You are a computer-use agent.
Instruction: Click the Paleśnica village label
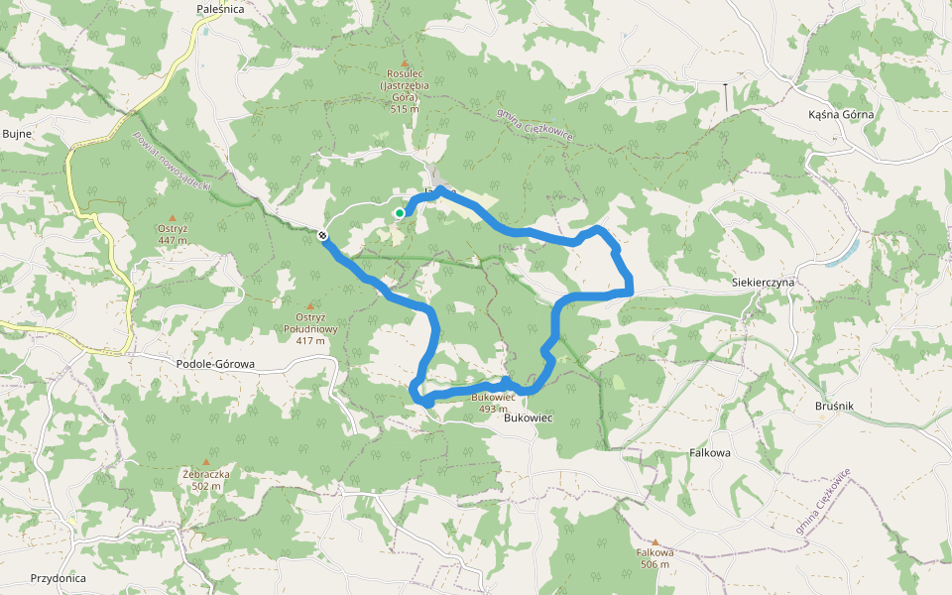point(220,9)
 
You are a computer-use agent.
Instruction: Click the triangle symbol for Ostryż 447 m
point(173,218)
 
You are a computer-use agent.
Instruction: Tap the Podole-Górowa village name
point(214,364)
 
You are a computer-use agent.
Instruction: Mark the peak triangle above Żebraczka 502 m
point(206,462)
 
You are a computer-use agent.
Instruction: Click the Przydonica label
point(58,578)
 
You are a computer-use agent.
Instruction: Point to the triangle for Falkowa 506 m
point(654,542)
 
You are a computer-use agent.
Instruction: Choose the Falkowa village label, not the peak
point(709,452)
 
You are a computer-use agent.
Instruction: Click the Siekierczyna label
point(764,282)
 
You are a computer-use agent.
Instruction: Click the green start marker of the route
point(399,212)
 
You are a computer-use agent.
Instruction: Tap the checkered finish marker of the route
point(323,235)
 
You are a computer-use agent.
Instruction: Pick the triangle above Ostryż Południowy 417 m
point(310,305)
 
